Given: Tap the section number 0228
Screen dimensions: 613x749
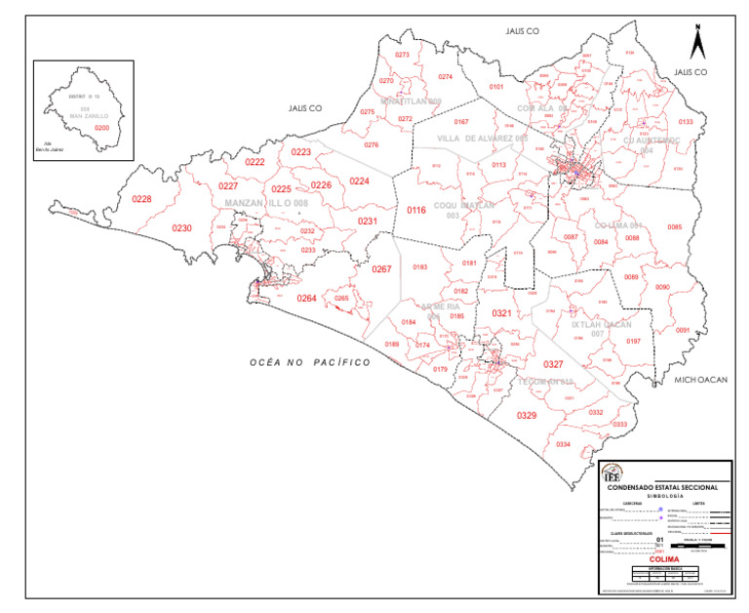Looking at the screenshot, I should pos(142,199).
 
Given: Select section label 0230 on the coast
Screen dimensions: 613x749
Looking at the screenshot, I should pos(182,228).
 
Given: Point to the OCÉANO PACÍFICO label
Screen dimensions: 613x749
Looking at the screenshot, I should pos(310,362).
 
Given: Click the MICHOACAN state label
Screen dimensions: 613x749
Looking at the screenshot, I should pos(701,379).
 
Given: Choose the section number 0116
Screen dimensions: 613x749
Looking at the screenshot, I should pos(416,210).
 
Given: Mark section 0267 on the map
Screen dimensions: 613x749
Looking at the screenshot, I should pos(381,269).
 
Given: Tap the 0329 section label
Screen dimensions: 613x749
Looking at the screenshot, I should pos(527,416).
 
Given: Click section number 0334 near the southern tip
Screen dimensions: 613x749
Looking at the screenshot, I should pos(563,444).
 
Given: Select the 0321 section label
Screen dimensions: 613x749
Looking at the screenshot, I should pos(501,313).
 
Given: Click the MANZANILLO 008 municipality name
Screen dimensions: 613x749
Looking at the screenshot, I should pos(266,203).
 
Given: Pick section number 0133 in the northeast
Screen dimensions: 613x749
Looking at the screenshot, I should pos(686,122).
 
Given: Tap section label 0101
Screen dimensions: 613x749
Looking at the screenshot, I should pos(496,87).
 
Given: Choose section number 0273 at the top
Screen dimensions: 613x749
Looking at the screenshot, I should pos(402,55).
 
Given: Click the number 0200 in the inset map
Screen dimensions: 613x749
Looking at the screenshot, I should pos(101,128).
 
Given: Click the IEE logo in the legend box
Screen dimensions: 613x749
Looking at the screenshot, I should pos(612,472).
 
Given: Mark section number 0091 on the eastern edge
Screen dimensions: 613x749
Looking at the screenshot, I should pos(683,330).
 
